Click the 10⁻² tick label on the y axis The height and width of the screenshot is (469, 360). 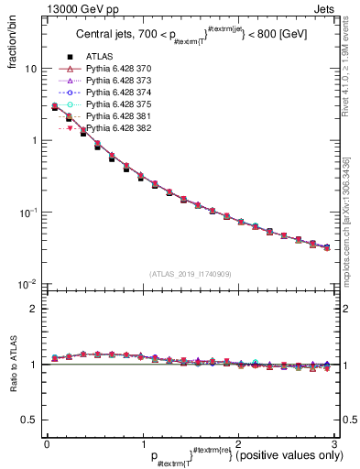tap(27, 284)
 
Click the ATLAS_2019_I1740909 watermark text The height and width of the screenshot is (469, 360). tap(189, 274)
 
